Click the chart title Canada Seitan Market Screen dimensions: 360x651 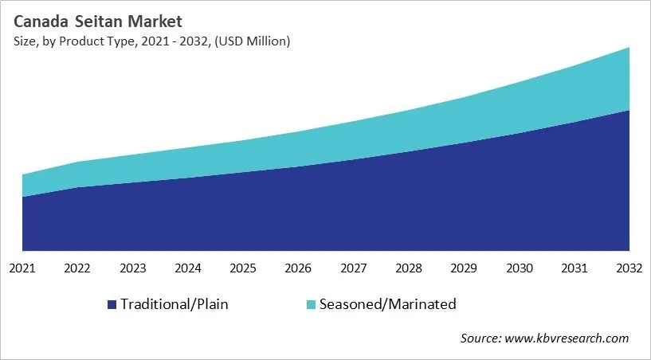coord(97,22)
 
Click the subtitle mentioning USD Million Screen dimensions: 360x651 coord(151,41)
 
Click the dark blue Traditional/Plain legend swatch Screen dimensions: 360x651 coord(112,304)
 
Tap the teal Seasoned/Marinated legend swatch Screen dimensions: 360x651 coord(312,304)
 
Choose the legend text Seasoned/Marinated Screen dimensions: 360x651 coord(387,304)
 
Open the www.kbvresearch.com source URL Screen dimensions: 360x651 coord(567,338)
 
